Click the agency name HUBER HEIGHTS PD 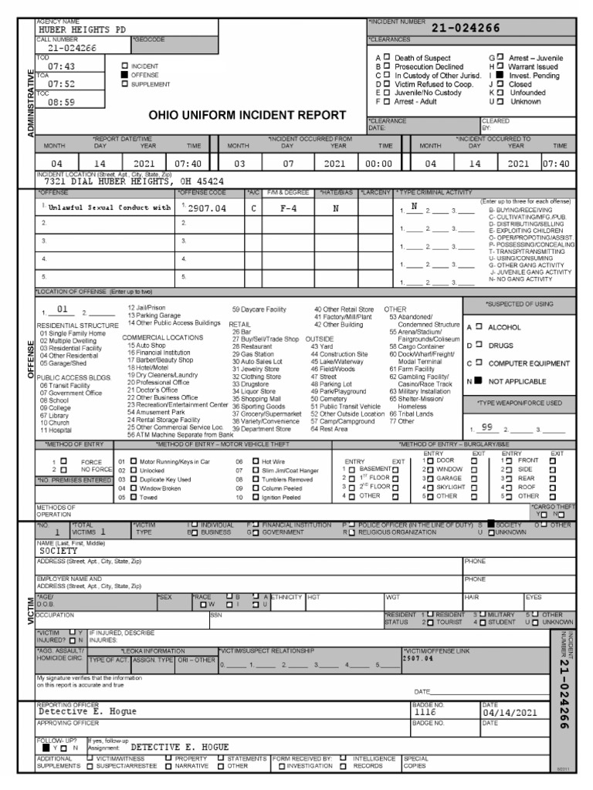pos(82,29)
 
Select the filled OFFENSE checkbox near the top pos(125,76)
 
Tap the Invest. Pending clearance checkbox pos(500,75)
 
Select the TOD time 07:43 pos(61,67)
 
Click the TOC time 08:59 pos(61,101)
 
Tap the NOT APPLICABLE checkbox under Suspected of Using pos(479,381)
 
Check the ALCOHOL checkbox pos(479,326)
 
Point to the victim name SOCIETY pos(59,552)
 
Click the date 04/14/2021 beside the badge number pos(510,713)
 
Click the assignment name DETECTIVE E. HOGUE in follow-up pos(181,747)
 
